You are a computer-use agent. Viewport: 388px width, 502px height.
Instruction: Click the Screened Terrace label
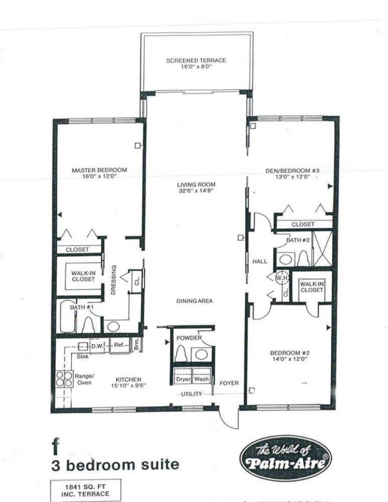[x=196, y=64]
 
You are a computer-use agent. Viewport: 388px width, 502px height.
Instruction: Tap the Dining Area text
[x=195, y=301]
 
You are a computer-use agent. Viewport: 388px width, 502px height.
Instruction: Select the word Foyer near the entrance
[x=229, y=383]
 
